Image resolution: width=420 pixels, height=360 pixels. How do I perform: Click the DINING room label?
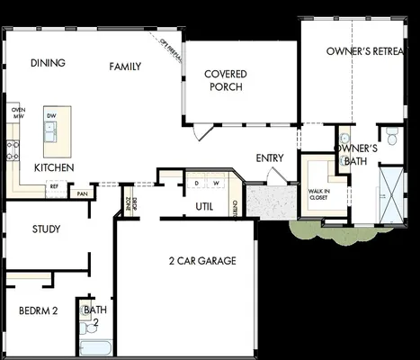pos(48,63)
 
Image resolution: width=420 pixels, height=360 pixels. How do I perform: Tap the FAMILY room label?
pos(125,67)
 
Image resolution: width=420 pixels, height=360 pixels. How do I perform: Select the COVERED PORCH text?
pos(226,80)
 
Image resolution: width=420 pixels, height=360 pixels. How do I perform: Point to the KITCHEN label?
pos(54,168)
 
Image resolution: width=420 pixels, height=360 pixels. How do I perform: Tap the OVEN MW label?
pos(17,113)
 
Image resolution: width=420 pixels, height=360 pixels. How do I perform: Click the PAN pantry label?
pos(82,193)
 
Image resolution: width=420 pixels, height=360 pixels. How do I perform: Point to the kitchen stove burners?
pos(13,149)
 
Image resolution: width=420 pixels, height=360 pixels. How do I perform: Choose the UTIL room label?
pos(204,206)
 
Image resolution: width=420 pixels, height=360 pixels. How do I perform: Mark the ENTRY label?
pos(270,158)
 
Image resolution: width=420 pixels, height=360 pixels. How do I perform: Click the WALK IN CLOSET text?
pos(319,193)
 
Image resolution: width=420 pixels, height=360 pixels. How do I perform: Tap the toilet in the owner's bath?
pos(389,135)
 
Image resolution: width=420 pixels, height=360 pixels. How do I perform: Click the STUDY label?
pos(46,229)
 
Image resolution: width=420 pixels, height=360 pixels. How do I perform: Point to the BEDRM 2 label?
pos(38,311)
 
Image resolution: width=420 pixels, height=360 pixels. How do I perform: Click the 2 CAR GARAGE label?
pos(201,261)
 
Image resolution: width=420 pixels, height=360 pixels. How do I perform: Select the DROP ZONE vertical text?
pos(130,203)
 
